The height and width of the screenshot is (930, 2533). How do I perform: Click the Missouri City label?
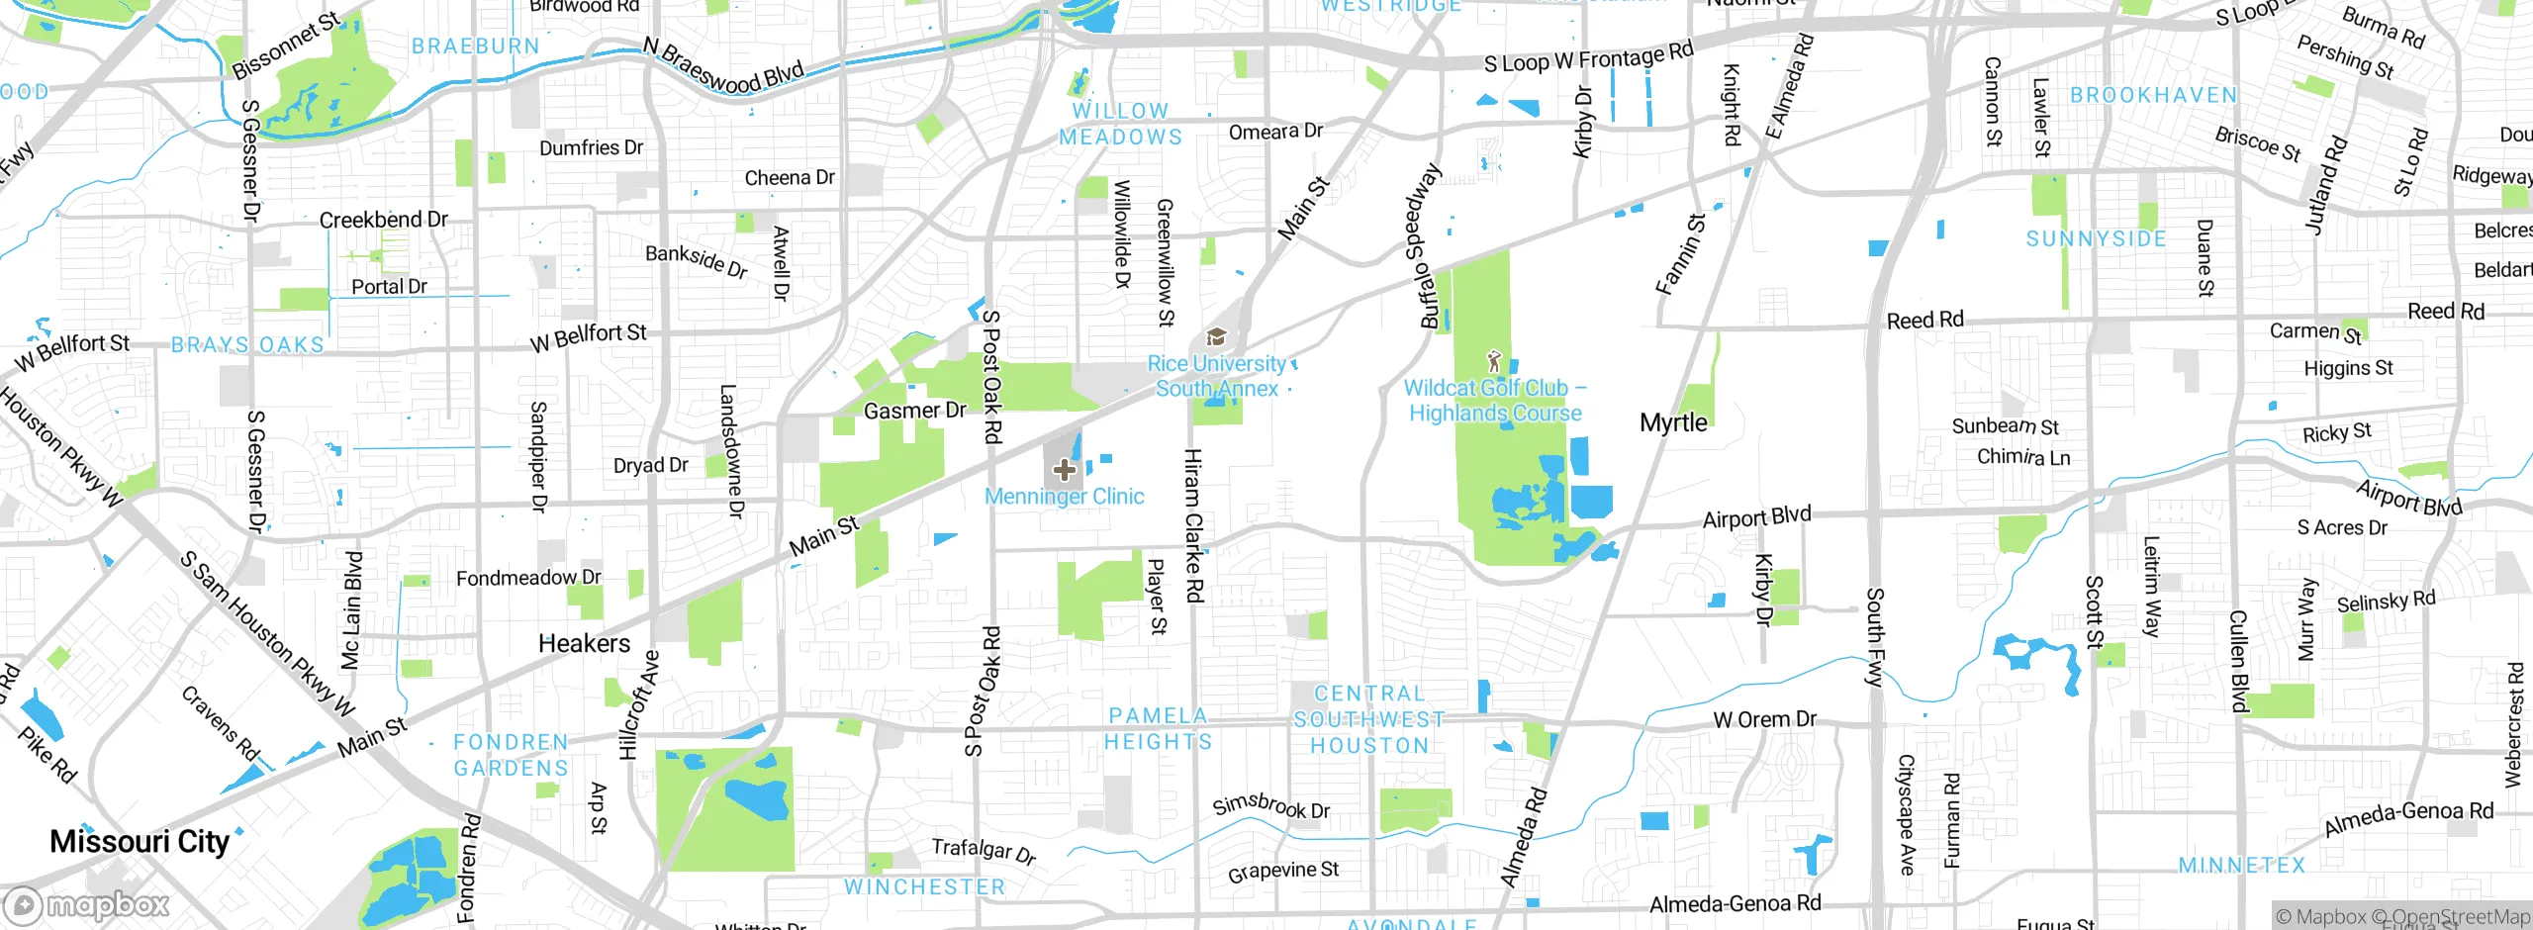[x=140, y=841]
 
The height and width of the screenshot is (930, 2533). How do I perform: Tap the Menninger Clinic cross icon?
[x=1065, y=469]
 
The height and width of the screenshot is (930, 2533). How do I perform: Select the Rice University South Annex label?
[x=1217, y=376]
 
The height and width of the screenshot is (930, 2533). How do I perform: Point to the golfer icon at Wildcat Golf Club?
[x=1494, y=361]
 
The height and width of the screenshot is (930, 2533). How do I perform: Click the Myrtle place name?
[x=1673, y=422]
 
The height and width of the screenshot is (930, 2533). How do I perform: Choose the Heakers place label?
[x=584, y=643]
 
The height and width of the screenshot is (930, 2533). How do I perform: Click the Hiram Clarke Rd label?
[x=1194, y=525]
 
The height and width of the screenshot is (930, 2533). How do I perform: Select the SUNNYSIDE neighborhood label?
[x=2096, y=238]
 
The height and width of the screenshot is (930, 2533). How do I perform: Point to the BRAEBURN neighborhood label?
[x=475, y=46]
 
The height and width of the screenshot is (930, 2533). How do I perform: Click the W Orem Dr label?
[x=1764, y=719]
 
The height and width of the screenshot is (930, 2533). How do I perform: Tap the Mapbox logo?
[x=87, y=904]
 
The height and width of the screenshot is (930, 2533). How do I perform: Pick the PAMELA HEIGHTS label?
[x=1158, y=728]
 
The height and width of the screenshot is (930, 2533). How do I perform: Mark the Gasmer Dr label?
[x=914, y=410]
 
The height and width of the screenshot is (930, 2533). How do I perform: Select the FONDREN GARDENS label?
[x=511, y=754]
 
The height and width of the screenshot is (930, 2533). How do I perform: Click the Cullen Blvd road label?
[x=2238, y=660]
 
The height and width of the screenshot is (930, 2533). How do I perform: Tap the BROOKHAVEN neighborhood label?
[x=2153, y=95]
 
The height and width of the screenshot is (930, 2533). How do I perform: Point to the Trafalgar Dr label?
[x=984, y=850]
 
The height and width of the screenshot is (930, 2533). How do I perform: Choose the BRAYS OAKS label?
[x=247, y=344]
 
